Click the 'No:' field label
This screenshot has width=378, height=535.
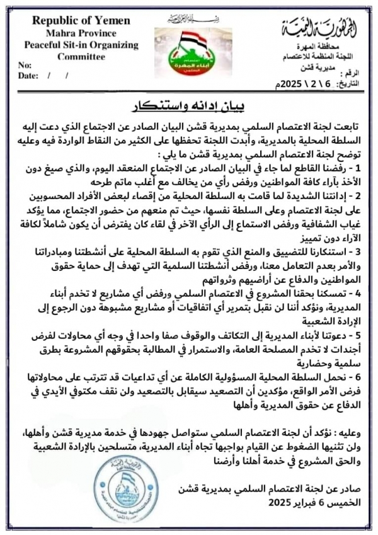point(25,66)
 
